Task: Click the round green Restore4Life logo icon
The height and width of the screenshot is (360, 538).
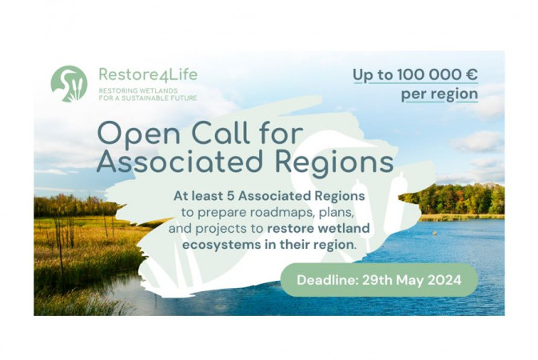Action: pyautogui.click(x=69, y=84)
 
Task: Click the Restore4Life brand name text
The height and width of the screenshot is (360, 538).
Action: pyautogui.click(x=148, y=74)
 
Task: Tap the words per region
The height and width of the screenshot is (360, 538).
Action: pyautogui.click(x=440, y=94)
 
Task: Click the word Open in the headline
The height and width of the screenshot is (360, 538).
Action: pyautogui.click(x=139, y=134)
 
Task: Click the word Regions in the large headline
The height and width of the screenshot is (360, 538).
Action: pyautogui.click(x=334, y=162)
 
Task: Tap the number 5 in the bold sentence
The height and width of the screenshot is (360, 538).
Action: pyautogui.click(x=230, y=196)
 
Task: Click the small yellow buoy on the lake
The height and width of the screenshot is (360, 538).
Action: pyautogui.click(x=435, y=233)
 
